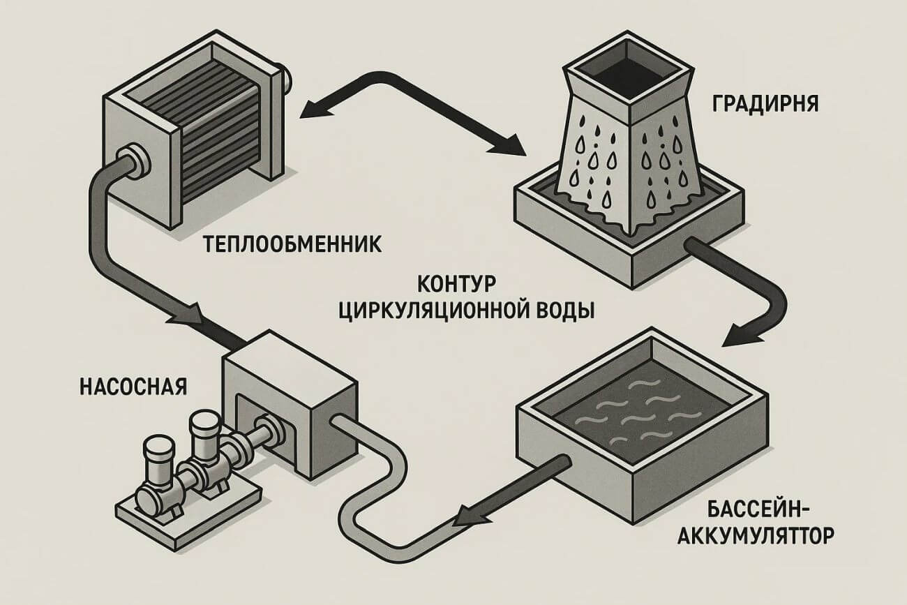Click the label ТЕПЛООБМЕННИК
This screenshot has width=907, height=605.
tap(291, 246)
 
